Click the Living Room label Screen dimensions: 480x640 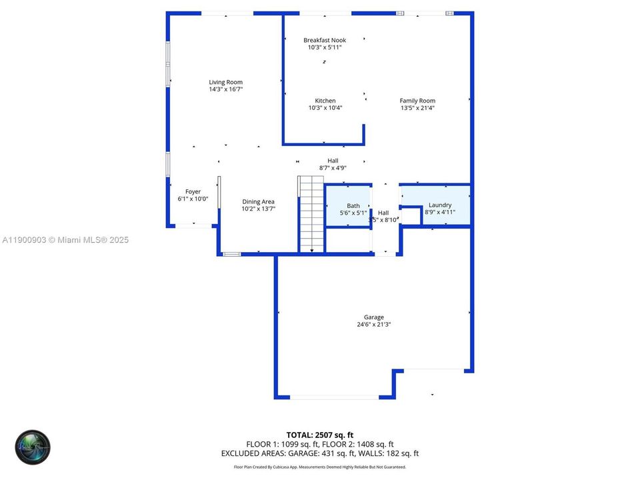click(225, 82)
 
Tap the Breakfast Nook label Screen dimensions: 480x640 click(325, 40)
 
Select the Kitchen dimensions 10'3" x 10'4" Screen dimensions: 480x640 click(325, 108)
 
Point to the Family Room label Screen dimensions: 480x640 click(417, 101)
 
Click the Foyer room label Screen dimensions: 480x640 click(193, 192)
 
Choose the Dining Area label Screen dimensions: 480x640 click(258, 201)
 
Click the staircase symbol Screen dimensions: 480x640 click(311, 215)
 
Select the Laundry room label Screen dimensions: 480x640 click(440, 205)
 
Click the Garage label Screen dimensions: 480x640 click(373, 317)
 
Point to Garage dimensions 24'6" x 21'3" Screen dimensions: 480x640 click(373, 325)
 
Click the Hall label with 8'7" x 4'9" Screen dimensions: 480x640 click(333, 161)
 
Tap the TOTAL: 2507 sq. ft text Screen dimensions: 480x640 click(320, 435)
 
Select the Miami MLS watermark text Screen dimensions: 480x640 click(65, 240)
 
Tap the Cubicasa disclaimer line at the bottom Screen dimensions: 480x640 click(320, 467)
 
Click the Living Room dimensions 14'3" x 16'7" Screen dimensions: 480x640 click(225, 89)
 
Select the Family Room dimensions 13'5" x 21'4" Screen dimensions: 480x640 click(417, 108)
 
